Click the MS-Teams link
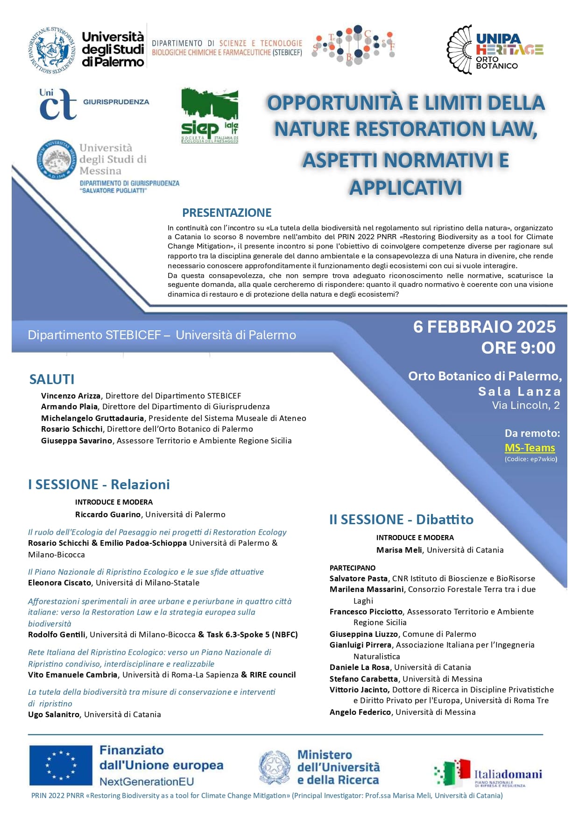point(530,448)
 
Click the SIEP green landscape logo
point(210,115)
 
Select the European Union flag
point(61,765)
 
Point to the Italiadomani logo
point(488,773)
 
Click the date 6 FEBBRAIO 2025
point(484,327)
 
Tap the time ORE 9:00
point(518,348)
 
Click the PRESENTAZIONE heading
point(226,213)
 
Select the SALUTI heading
point(52,379)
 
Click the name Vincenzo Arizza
point(71,396)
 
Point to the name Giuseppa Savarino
point(77,441)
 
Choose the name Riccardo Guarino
point(108,514)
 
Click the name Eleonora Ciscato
point(60,583)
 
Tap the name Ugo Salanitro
point(54,714)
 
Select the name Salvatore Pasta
point(359,578)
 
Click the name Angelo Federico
point(360,712)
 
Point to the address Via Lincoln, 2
point(525,405)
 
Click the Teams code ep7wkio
point(543,459)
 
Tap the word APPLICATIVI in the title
point(405,188)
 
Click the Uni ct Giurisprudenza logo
point(93,103)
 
